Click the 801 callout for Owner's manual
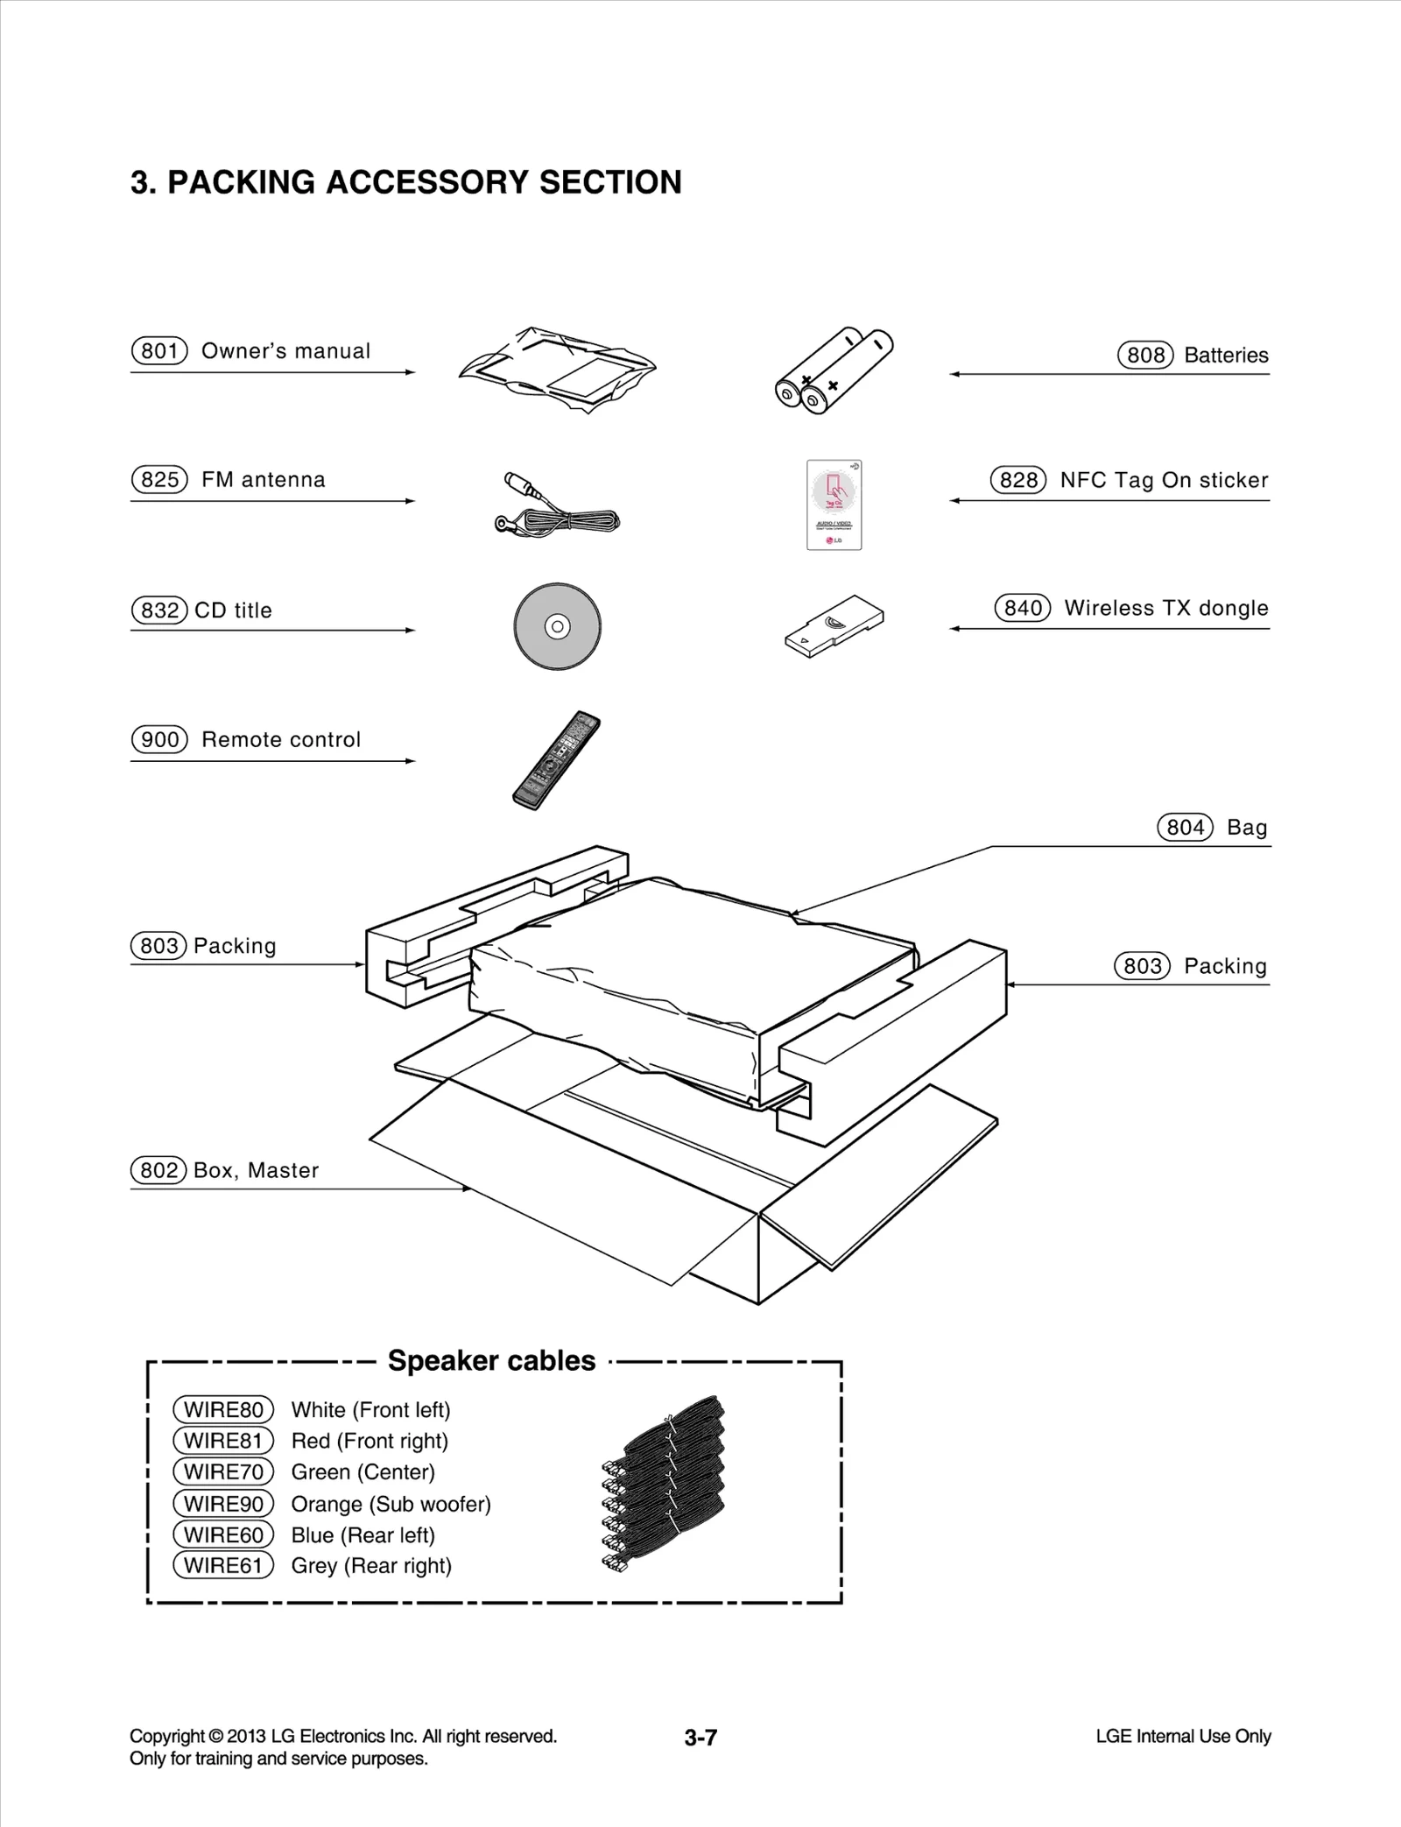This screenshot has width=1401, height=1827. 159,351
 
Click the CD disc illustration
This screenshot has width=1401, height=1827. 558,626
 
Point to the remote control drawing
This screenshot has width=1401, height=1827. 557,759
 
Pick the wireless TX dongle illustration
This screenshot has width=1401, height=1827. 834,625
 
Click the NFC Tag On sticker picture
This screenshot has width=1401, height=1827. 834,505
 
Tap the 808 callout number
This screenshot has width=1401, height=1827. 1145,356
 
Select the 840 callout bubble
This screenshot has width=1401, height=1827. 1022,608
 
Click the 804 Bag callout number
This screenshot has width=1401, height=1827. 1185,828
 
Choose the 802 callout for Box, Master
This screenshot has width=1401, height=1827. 158,1170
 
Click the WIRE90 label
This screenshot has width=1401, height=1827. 223,1504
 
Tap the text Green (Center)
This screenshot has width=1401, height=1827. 363,1472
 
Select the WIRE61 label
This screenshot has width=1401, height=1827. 223,1565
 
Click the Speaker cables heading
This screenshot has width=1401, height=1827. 491,1360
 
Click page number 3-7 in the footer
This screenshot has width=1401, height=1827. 700,1738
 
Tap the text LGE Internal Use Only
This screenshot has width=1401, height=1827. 1183,1736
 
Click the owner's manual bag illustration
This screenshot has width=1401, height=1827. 558,370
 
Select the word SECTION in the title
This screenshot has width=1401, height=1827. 610,182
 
